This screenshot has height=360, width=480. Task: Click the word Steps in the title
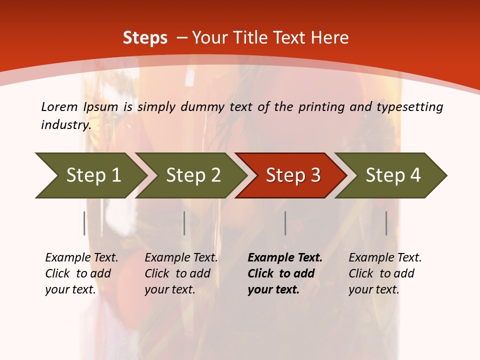[145, 38]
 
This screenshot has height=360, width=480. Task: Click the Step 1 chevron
[90, 175]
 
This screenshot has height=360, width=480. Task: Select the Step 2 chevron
[192, 175]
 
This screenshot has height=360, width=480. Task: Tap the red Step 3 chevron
[292, 175]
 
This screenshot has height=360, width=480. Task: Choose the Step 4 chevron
[392, 175]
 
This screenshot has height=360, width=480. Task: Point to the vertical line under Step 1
[84, 223]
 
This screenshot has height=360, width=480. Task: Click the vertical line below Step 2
[184, 223]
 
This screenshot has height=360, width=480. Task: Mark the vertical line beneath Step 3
[285, 223]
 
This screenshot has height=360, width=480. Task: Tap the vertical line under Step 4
[386, 223]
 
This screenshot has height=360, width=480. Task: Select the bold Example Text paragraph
[284, 273]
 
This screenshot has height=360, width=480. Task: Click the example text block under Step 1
[81, 273]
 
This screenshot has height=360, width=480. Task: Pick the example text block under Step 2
[181, 273]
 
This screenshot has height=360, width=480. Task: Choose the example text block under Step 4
[385, 273]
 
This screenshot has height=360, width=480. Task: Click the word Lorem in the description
[59, 107]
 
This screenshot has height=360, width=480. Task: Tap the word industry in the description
[65, 125]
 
